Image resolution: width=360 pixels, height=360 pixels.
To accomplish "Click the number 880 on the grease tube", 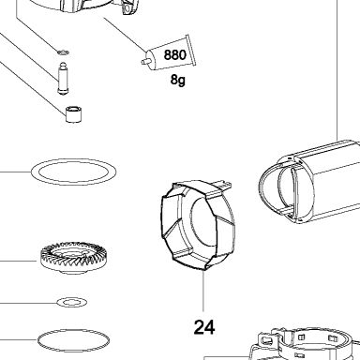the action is click(174, 54).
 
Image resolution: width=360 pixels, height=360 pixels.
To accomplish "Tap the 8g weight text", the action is click(177, 80).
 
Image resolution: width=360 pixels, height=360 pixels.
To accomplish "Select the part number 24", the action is click(204, 327).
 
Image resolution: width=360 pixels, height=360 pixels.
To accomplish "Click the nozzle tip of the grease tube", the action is click(144, 62).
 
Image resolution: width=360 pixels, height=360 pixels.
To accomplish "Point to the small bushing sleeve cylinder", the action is click(74, 114).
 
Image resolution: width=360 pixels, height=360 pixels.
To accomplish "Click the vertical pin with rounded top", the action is click(63, 78).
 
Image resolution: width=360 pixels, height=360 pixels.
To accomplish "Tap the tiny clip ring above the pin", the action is click(64, 52).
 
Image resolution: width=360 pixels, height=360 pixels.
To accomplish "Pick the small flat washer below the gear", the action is click(72, 302).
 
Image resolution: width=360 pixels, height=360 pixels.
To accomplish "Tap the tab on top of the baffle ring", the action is click(223, 185).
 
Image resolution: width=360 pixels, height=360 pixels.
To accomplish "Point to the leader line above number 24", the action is click(203, 291).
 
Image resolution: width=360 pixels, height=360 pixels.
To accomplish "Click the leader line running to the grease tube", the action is click(125, 34).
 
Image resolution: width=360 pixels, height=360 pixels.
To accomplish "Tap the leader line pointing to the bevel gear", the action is click(19, 261).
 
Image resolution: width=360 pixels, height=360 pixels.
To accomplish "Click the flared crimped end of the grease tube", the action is click(190, 50).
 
